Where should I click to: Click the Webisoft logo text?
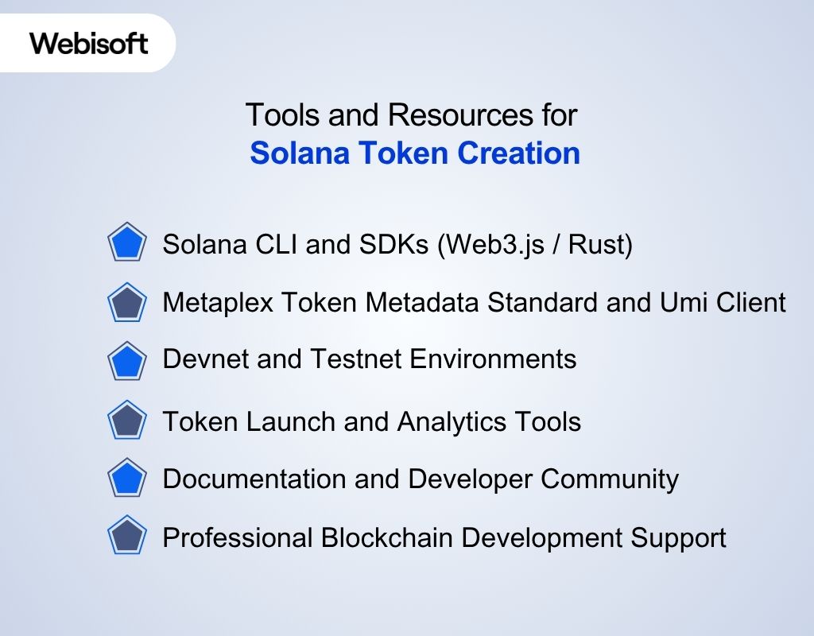pos(89,43)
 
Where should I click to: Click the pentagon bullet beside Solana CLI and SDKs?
pos(126,244)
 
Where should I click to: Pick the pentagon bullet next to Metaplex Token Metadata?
pos(126,303)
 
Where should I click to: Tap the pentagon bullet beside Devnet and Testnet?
pos(126,361)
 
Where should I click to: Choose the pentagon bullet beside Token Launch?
pos(126,421)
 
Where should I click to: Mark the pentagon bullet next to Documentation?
pos(126,479)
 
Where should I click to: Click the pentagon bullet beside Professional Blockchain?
pos(126,537)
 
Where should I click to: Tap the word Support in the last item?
pos(679,538)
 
